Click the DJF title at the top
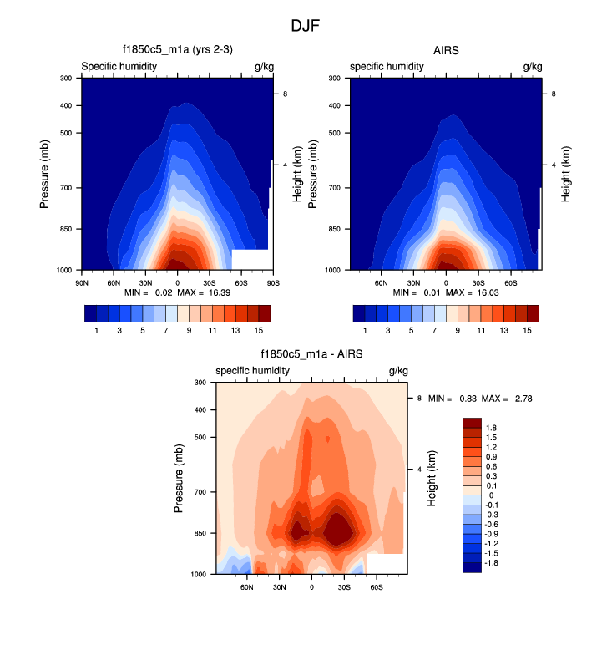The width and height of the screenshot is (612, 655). tap(305, 26)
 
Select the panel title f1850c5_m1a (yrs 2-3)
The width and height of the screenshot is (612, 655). tap(177, 50)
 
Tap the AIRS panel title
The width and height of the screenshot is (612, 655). tap(446, 50)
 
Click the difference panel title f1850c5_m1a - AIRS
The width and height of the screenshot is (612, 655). tap(311, 354)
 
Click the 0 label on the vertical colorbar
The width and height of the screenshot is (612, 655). tap(490, 495)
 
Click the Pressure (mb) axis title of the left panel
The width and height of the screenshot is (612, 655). tap(47, 174)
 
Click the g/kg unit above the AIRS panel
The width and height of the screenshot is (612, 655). tap(532, 66)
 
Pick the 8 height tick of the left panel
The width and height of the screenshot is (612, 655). tap(286, 94)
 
